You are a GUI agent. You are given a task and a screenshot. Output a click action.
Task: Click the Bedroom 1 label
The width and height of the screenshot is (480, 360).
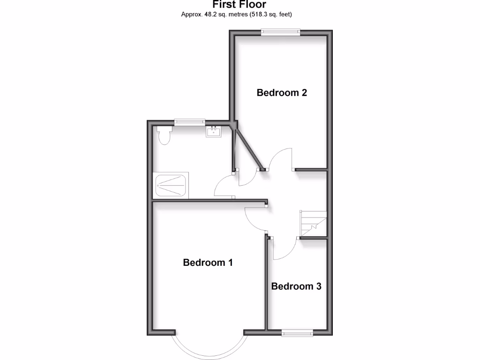pos(208,262)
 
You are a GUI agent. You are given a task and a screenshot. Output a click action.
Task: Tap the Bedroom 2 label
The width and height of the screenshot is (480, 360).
pos(282,93)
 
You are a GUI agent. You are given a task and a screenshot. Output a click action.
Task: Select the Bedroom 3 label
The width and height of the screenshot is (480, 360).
pos(296,286)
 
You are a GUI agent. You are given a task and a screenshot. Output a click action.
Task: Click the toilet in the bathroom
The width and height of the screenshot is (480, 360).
pos(164,135)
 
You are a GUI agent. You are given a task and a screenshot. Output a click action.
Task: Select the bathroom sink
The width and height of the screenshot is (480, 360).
pos(213,132)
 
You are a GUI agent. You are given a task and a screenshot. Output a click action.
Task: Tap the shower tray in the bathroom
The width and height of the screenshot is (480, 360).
pos(172,186)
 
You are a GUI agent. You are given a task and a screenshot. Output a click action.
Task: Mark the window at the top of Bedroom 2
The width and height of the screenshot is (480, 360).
pos(281,32)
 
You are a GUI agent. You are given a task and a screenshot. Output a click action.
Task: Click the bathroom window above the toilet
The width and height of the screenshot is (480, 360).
pos(190,122)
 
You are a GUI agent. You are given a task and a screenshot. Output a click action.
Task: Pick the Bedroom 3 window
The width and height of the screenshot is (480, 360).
pos(297,333)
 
